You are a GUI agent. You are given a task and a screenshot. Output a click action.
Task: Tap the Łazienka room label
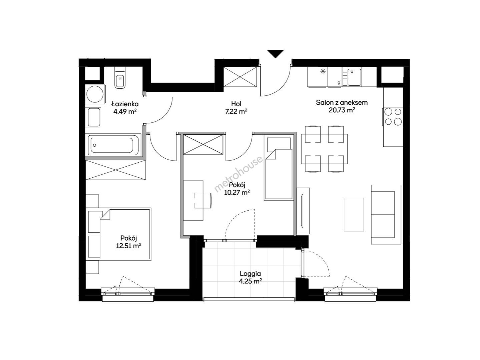click(x=125, y=104)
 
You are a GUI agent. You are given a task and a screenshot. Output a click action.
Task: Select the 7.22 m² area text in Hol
click(x=236, y=112)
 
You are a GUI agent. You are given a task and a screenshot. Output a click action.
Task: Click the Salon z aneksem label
click(x=342, y=103)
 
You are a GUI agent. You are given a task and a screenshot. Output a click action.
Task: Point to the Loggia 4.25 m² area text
click(x=250, y=281)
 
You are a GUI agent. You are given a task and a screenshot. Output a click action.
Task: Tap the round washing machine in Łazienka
click(x=95, y=94)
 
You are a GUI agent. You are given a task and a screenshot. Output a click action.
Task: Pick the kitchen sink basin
click(x=354, y=77)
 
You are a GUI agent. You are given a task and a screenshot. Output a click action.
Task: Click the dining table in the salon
click(x=324, y=149)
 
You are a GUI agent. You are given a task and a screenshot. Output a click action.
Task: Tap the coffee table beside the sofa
click(x=354, y=215)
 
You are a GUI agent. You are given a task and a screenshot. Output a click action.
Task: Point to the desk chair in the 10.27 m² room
click(x=203, y=200)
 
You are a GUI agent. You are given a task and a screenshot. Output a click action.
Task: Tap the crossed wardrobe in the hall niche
click(x=240, y=77)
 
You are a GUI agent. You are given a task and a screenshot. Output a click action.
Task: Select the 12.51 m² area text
click(x=128, y=246)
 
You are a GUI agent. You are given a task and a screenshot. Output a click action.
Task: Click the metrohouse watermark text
click(x=238, y=174)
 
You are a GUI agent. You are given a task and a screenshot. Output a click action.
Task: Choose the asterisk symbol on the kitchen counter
click(x=323, y=71)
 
